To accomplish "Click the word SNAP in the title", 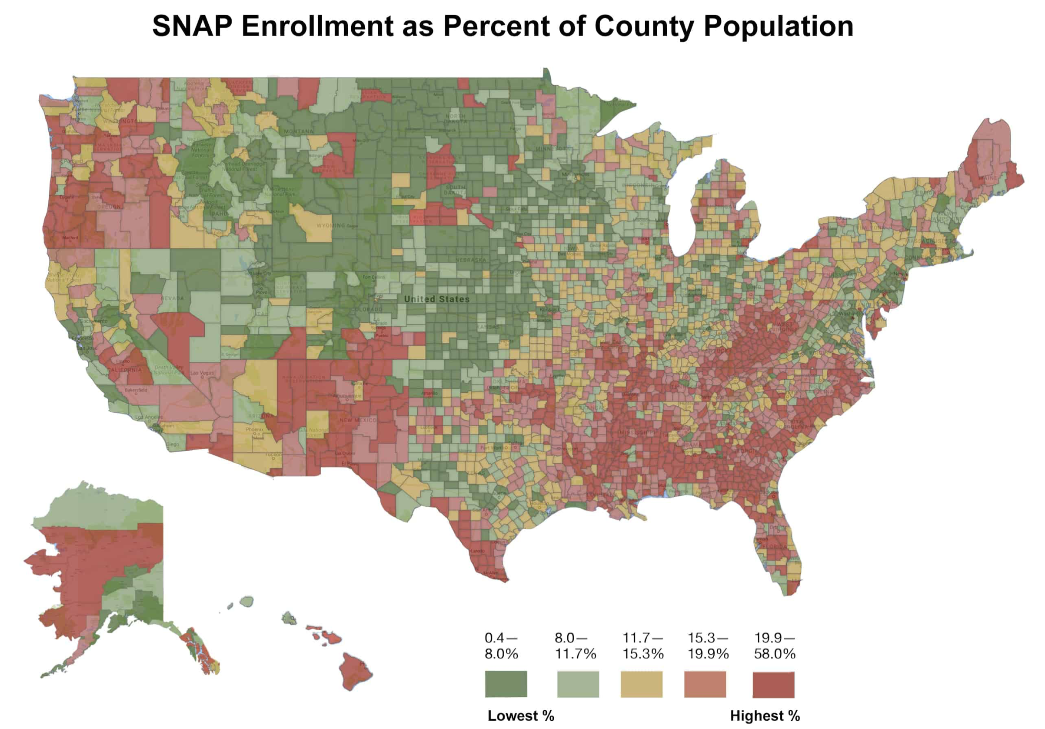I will (x=192, y=26).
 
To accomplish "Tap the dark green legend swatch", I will (x=506, y=684).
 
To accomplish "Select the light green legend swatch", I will (x=578, y=684).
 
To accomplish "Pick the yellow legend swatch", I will (x=641, y=684).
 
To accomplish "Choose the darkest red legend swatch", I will (x=773, y=684).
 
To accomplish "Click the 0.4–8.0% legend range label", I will (x=501, y=645).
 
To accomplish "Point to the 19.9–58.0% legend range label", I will (x=775, y=645).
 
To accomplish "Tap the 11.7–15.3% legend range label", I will (x=642, y=645).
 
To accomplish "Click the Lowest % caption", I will (x=521, y=716).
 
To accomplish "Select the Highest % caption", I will (x=765, y=716).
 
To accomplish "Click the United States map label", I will (x=436, y=299).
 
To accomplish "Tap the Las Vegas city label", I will (x=202, y=373).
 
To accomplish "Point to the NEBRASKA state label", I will (x=471, y=260).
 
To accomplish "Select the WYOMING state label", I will (x=331, y=225).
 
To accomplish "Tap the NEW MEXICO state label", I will (x=358, y=420).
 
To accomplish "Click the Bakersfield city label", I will (x=136, y=390).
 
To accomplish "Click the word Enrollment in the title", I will (x=317, y=26).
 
